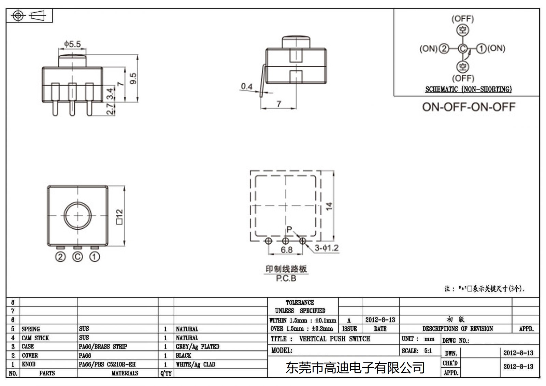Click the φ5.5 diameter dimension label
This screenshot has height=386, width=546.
pyautogui.click(x=72, y=44)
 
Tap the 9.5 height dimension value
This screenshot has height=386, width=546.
pyautogui.click(x=133, y=78)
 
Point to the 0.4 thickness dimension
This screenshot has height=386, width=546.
pyautogui.click(x=246, y=86)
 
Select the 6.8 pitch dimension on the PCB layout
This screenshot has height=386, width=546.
pyautogui.click(x=287, y=250)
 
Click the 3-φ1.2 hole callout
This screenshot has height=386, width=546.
pyautogui.click(x=327, y=248)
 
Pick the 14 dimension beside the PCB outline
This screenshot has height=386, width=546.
pyautogui.click(x=329, y=206)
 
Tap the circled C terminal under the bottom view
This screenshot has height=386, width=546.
pyautogui.click(x=78, y=257)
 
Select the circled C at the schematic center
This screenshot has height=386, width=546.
pyautogui.click(x=462, y=49)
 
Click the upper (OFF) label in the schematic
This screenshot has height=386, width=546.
pyautogui.click(x=462, y=19)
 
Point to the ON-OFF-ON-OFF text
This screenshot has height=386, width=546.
pyautogui.click(x=469, y=107)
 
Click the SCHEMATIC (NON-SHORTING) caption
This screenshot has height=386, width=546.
pyautogui.click(x=468, y=89)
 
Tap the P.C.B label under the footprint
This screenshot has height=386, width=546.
pyautogui.click(x=286, y=278)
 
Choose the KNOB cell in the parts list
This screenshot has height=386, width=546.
pyautogui.click(x=29, y=364)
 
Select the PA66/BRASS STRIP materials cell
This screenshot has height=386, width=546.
pyautogui.click(x=103, y=346)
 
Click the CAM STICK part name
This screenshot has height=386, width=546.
pyautogui.click(x=35, y=338)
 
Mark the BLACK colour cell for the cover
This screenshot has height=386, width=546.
pyautogui.click(x=183, y=355)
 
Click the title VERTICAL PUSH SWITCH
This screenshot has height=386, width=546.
pyautogui.click(x=334, y=339)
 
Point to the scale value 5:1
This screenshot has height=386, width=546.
pyautogui.click(x=428, y=351)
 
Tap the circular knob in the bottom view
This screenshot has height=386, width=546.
pyautogui.click(x=78, y=216)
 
